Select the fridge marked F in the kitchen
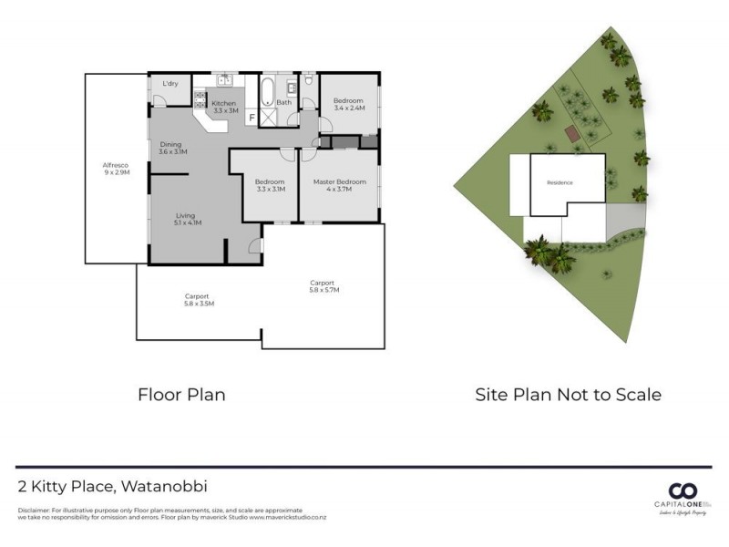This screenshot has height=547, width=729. tap(252, 117)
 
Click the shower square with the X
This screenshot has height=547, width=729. tap(268, 117)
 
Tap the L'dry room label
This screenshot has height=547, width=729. tap(169, 85)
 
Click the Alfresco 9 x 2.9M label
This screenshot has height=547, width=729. tap(116, 168)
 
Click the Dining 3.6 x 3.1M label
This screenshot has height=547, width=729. tap(172, 148)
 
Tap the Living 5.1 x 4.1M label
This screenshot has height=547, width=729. tap(187, 219)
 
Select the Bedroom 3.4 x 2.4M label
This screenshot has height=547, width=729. tap(348, 104)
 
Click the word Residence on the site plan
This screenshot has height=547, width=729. tap(560, 182)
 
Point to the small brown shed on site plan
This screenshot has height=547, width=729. tap(572, 134)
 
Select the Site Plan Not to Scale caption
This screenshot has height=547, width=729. tap(568, 395)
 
